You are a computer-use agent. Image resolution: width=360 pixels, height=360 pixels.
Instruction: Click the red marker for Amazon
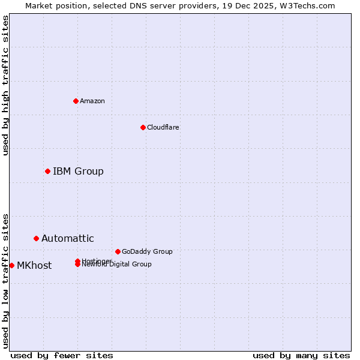click(x=76, y=101)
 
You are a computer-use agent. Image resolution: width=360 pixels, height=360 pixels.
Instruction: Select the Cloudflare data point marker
click(x=143, y=127)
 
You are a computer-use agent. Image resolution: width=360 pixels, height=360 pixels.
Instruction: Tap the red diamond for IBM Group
click(x=47, y=172)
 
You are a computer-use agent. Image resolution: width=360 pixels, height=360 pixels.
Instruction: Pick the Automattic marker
click(x=36, y=239)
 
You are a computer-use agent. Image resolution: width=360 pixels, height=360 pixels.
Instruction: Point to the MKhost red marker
click(x=11, y=266)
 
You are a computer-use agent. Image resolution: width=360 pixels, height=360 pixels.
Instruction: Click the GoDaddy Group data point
click(x=118, y=251)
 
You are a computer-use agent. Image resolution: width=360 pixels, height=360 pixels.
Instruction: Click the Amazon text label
click(x=92, y=101)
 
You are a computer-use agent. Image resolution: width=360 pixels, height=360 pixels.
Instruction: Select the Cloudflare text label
click(x=163, y=127)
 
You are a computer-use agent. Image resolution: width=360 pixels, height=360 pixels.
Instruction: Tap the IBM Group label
click(x=78, y=172)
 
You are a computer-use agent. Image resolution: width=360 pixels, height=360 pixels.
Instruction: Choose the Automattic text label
click(x=67, y=239)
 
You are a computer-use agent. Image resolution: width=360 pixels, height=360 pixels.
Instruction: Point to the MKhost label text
click(x=34, y=266)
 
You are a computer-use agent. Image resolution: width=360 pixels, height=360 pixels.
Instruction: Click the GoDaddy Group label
click(x=147, y=251)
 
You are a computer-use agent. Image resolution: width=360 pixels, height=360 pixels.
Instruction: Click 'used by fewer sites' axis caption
click(x=62, y=355)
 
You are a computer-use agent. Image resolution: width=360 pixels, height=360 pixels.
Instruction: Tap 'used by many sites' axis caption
click(x=301, y=355)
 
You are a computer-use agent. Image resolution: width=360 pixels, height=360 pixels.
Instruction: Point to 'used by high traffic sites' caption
click(x=5, y=85)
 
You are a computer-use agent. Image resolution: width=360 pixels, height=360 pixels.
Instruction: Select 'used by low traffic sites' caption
click(x=5, y=280)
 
